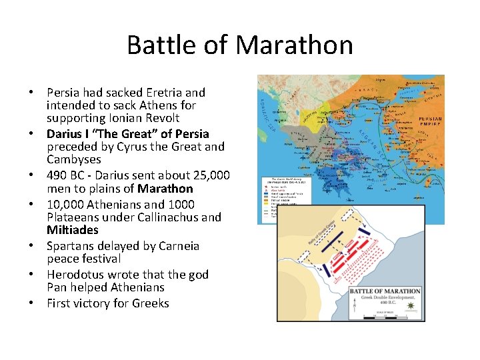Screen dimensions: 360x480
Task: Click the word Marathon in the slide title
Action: coord(294,45)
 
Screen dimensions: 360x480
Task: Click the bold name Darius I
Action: coord(67,133)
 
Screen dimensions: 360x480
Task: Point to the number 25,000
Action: coord(206,175)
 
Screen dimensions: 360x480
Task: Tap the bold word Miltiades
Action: coord(73,230)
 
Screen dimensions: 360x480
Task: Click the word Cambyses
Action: coord(74,159)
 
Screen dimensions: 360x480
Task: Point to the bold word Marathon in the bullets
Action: coord(165,189)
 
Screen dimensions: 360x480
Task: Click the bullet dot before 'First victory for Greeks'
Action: coord(32,303)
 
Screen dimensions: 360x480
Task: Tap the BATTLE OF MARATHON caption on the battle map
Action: coord(385,291)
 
